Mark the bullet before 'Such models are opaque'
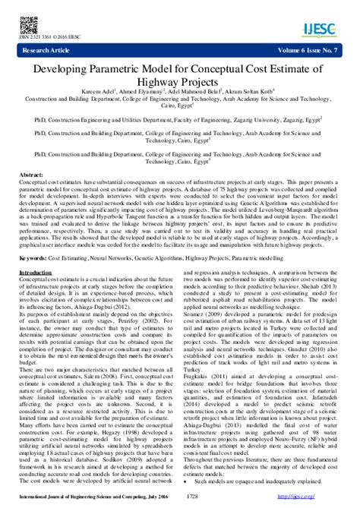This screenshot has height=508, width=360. pos(188,481)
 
